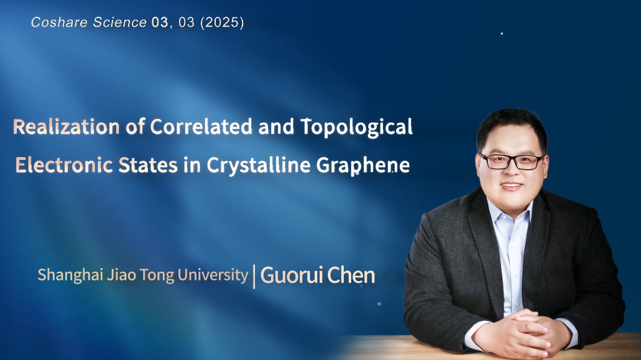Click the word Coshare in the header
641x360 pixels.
coord(60,22)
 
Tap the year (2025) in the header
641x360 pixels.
coord(222,22)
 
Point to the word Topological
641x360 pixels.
coord(357,127)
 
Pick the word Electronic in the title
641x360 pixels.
coord(64,165)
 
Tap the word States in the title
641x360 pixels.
coord(148,165)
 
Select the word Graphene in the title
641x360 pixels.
coord(363,166)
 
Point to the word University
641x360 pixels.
coord(213,275)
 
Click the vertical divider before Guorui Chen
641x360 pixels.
coord(254,277)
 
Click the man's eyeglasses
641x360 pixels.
coord(512,162)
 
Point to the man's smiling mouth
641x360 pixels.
coord(512,187)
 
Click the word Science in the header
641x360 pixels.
coord(119,22)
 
